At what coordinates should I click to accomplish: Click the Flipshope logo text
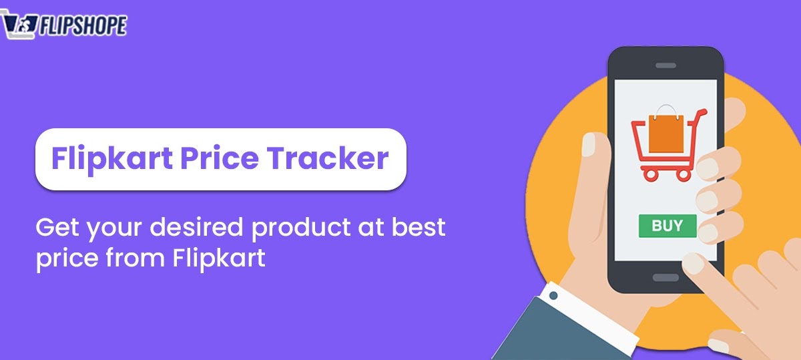pos(83,26)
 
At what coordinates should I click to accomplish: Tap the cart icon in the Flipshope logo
pos(18,26)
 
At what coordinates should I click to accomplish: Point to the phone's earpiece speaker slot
pos(665,65)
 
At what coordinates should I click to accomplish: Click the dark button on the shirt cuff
pos(553,293)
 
